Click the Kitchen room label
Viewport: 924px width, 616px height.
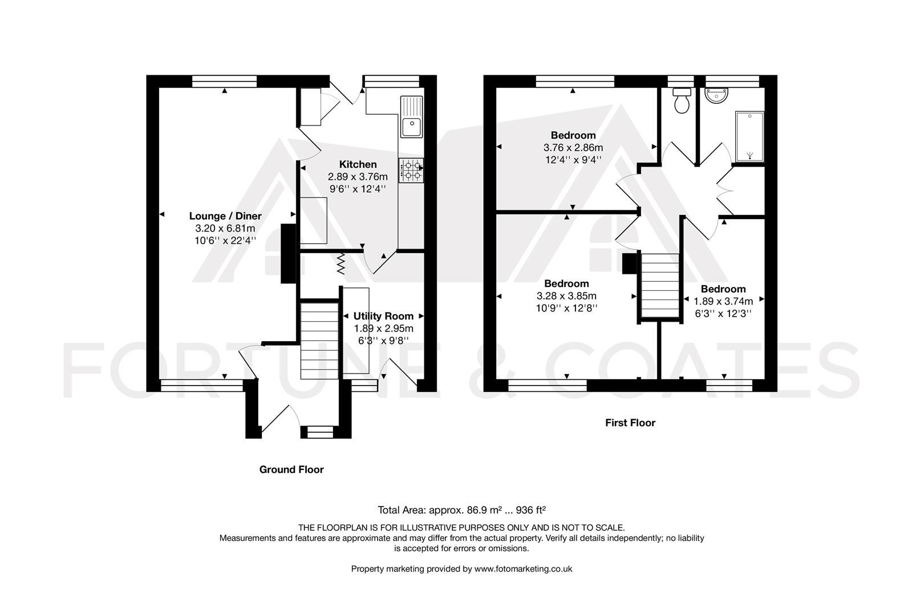pos(358,164)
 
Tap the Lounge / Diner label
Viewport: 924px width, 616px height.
pos(225,216)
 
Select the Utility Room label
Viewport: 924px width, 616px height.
pos(383,316)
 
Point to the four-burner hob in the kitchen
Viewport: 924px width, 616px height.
pos(411,171)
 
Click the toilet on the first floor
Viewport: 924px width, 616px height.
pos(682,100)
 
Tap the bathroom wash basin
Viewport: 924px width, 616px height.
pos(716,95)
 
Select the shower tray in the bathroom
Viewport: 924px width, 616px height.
pos(749,136)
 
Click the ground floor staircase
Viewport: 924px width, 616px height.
pos(319,341)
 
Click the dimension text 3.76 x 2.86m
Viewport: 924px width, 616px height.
pos(573,147)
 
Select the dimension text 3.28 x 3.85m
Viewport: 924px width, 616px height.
pos(566,296)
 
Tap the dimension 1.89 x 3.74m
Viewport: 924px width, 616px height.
pos(723,301)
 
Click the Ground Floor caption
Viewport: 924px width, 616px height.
pos(291,469)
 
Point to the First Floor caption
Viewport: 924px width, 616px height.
pos(630,423)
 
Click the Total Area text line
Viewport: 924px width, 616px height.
pos(461,510)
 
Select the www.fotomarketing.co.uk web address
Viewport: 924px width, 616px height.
pos(523,569)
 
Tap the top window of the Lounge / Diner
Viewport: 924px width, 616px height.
pos(224,81)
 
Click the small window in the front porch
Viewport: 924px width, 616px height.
pos(320,432)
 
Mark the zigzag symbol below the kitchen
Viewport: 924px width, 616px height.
pos(341,264)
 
